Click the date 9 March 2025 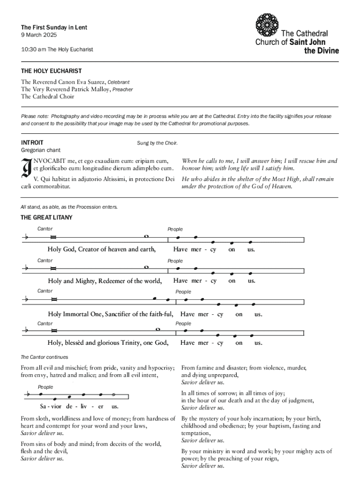click(38, 36)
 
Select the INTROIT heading click(32, 142)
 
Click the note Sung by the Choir click(157, 143)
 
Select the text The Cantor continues click(44, 357)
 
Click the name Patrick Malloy click(89, 89)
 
